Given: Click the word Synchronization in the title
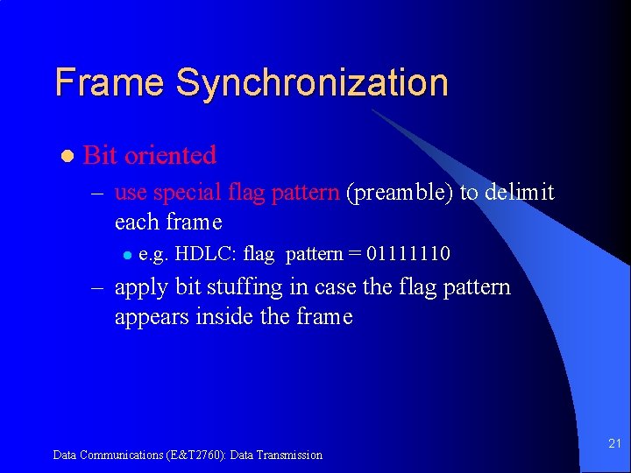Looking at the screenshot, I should point(311,82).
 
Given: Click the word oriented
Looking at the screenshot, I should point(170,155).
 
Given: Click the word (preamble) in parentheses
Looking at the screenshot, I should point(400,192).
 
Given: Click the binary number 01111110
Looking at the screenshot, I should point(408,254).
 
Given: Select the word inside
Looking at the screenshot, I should point(223,316).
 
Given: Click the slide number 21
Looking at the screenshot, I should point(614,445).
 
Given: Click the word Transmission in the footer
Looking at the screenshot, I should point(290,455).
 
